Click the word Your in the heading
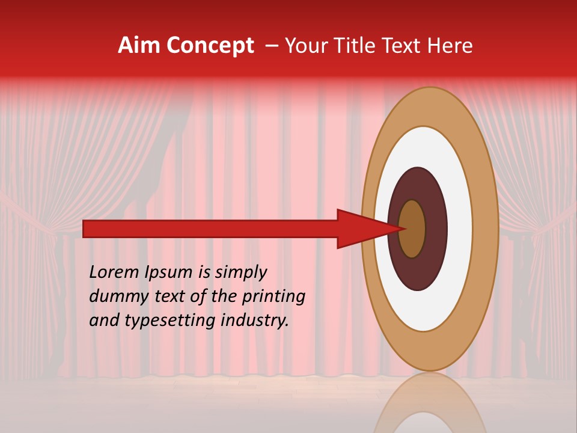pos(304,46)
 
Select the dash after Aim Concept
pos(272,46)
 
